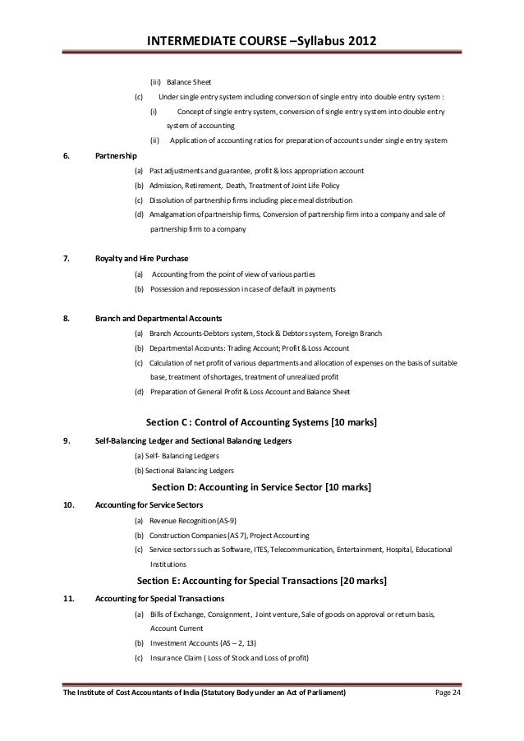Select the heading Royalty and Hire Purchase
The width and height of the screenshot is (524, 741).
coord(142,259)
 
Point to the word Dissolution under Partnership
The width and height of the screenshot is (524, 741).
coord(169,200)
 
